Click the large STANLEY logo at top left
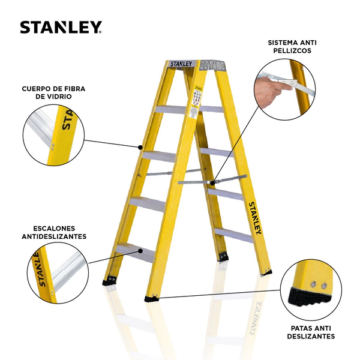[61, 28]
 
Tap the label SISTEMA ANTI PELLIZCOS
[292, 47]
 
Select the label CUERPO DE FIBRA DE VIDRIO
[53, 92]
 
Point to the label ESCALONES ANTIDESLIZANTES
[54, 232]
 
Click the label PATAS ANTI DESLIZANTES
[311, 332]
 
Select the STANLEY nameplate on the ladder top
[181, 64]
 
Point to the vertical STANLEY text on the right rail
[255, 218]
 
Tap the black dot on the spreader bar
[212, 183]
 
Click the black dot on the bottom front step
[140, 251]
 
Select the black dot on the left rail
[140, 147]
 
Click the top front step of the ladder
[172, 110]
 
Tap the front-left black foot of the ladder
[109, 281]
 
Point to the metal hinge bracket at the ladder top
[211, 65]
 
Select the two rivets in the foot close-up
[319, 285]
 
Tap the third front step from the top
[148, 204]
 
